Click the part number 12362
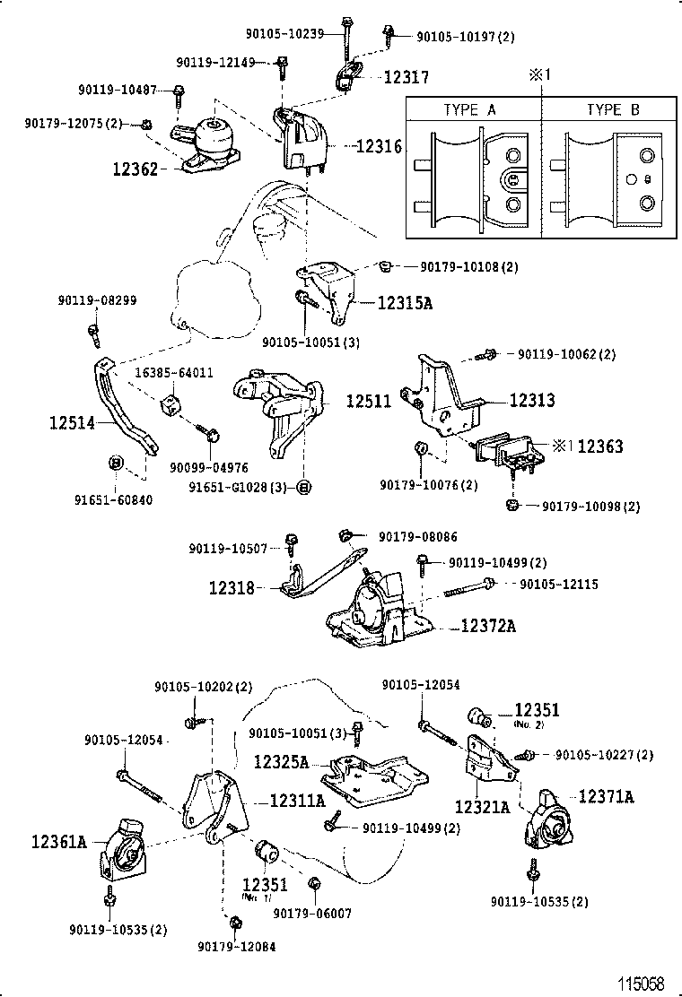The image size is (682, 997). tap(135, 168)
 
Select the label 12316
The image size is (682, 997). tap(379, 146)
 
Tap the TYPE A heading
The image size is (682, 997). tap(470, 110)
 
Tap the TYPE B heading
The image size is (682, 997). tap(613, 110)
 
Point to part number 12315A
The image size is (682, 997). tap(404, 304)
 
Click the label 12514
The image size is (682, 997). tap(72, 420)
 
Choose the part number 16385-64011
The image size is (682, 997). tap(174, 372)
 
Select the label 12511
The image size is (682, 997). tap(369, 402)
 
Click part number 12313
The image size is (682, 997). tap(532, 401)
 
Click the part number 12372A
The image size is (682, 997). tap(489, 626)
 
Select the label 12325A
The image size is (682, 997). tap(281, 762)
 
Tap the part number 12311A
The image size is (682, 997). tap(297, 801)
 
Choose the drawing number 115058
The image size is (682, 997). tap(640, 984)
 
